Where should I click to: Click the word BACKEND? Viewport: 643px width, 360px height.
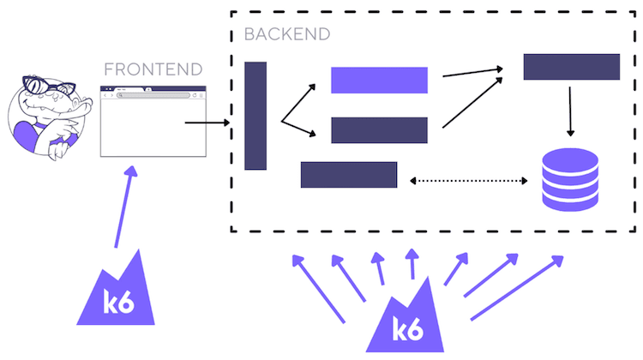(286, 35)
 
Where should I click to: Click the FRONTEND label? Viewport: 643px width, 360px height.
(153, 69)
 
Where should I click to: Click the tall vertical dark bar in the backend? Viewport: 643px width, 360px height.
(255, 116)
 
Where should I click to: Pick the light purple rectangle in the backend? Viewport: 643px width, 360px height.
(379, 80)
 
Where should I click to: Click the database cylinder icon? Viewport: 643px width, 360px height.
(569, 178)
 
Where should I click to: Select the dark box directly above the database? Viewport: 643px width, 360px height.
(571, 67)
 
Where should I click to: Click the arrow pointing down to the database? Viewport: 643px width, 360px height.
(570, 110)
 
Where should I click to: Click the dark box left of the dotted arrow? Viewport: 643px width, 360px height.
(348, 174)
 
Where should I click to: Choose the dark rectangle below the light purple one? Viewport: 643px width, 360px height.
(379, 130)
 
